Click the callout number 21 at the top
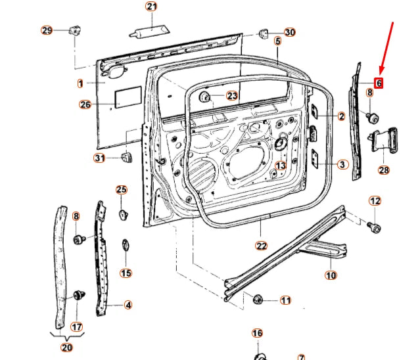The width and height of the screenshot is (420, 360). tap(152, 7)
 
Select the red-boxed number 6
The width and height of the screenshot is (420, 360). tap(379, 83)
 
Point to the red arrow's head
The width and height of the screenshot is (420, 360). tap(381, 71)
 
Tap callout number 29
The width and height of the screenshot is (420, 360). tap(47, 30)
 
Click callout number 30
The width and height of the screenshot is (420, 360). tap(290, 32)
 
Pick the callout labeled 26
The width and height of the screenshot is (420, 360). tap(85, 104)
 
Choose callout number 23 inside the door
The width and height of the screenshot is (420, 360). tap(233, 96)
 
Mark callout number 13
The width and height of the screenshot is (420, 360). tap(281, 166)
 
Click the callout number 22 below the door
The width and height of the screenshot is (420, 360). tap(261, 246)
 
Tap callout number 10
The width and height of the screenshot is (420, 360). tap(331, 275)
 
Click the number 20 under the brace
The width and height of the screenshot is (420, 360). tap(67, 347)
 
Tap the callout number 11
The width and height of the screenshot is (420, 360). tap(285, 300)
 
